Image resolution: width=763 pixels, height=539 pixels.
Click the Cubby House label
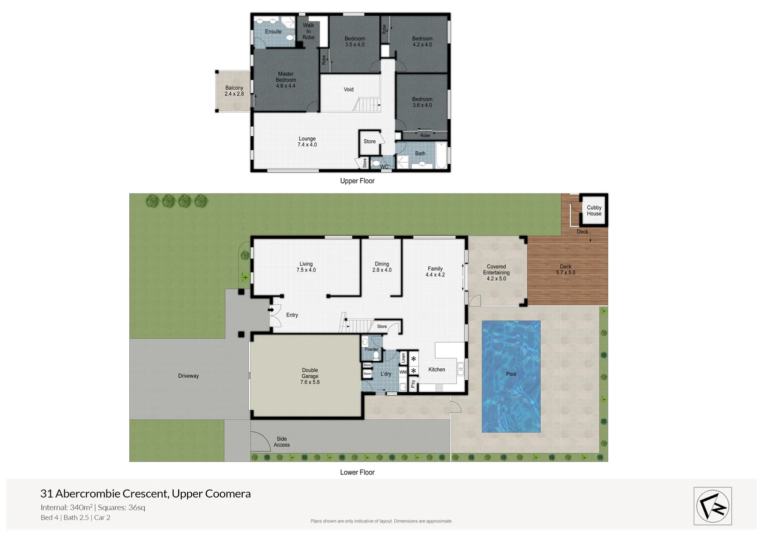coord(594,211)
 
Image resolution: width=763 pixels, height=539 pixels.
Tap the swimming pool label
coord(511,374)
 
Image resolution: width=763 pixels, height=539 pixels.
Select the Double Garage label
coord(310,376)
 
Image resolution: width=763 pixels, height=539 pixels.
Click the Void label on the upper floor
coord(349,90)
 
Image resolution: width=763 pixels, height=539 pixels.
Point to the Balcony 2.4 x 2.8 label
coord(234,91)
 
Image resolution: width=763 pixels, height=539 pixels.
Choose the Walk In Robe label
coord(309,31)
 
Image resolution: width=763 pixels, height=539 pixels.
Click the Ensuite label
coord(273,32)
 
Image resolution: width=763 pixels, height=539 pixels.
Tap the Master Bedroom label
coord(286,80)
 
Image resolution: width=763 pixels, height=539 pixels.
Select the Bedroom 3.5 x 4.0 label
coord(355,41)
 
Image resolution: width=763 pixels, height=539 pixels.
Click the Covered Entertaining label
coord(496,272)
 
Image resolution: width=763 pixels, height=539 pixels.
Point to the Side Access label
coord(282,442)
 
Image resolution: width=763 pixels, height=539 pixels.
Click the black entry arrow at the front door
coord(271,310)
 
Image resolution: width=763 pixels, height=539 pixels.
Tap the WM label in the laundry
coord(403,372)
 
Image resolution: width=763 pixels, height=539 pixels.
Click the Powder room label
coord(371,349)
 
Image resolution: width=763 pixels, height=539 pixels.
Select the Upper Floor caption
coord(357,181)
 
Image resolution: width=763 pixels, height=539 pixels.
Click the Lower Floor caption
coord(357,472)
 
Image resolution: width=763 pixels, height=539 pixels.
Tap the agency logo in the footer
coord(713,506)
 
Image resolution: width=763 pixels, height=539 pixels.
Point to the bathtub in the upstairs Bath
coord(441,156)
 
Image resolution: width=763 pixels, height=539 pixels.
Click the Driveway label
coord(188,376)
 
